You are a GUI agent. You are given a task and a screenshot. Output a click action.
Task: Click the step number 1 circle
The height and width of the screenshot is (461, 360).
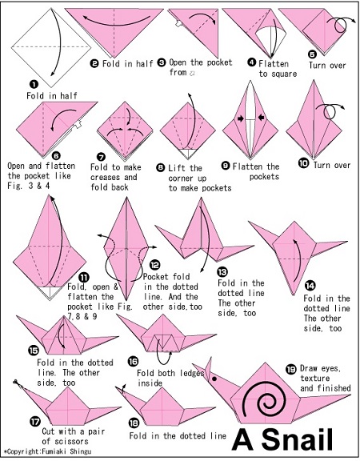click(34, 85)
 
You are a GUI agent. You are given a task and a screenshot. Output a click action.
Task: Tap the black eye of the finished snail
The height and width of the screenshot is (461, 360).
click(214, 379)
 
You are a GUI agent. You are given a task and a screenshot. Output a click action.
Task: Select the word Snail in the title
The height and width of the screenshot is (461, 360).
click(297, 439)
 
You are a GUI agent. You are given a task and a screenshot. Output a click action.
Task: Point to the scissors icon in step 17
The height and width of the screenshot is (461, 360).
click(16, 383)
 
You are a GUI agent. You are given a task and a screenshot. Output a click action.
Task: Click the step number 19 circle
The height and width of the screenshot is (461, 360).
click(291, 369)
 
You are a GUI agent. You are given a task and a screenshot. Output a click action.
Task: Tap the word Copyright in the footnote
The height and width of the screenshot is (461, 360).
click(23, 451)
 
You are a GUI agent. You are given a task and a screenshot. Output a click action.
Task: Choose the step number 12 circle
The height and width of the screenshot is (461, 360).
click(154, 266)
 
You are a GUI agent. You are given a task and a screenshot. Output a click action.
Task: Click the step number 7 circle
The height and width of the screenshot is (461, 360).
click(101, 157)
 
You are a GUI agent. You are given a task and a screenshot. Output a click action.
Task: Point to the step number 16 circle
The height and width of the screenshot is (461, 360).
click(133, 361)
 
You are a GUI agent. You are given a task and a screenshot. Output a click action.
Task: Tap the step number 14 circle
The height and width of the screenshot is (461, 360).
click(310, 286)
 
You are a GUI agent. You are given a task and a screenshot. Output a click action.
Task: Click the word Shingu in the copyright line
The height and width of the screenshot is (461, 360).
click(80, 451)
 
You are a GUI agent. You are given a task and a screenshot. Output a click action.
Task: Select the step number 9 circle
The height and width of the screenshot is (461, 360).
click(226, 166)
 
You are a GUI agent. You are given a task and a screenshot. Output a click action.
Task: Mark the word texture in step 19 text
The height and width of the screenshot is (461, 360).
click(314, 378)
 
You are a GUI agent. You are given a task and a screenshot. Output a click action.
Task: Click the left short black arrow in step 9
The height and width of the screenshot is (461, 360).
click(241, 118)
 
